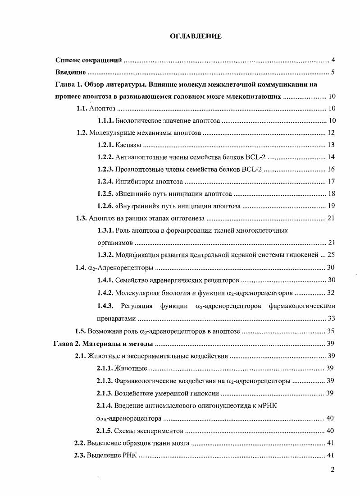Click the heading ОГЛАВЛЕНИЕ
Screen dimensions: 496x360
pyautogui.click(x=196, y=37)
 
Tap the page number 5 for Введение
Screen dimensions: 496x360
pyautogui.click(x=333, y=72)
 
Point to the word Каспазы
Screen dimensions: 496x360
pyautogui.click(x=128, y=145)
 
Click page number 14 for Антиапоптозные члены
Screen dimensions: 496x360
pyautogui.click(x=331, y=157)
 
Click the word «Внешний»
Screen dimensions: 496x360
pyautogui.click(x=131, y=194)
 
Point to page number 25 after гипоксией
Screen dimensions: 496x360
pyautogui.click(x=331, y=255)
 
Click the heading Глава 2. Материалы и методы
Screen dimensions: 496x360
pyautogui.click(x=103, y=344)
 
